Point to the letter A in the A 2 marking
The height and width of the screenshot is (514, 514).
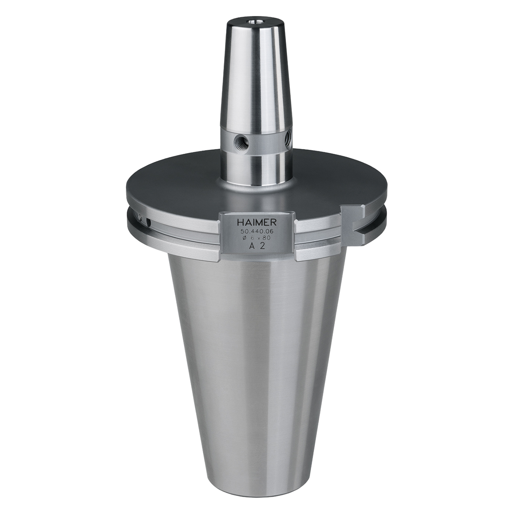coord(252,246)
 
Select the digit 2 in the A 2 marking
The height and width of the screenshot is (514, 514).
coord(262,246)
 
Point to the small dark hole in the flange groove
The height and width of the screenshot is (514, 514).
coord(149,222)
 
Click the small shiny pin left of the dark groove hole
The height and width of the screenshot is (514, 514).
coord(140,217)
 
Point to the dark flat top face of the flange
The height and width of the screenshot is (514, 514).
coord(181,185)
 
